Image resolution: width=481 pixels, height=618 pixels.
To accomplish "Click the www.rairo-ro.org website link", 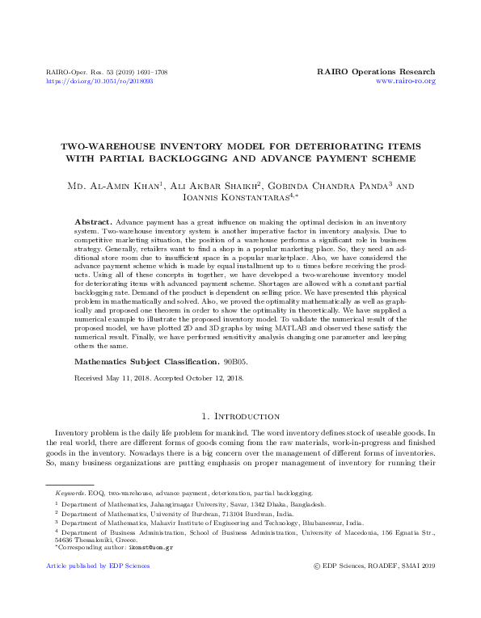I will (406, 82).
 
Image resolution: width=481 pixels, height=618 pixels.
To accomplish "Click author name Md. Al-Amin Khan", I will (115, 187).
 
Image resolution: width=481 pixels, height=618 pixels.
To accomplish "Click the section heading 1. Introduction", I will (240, 416).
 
